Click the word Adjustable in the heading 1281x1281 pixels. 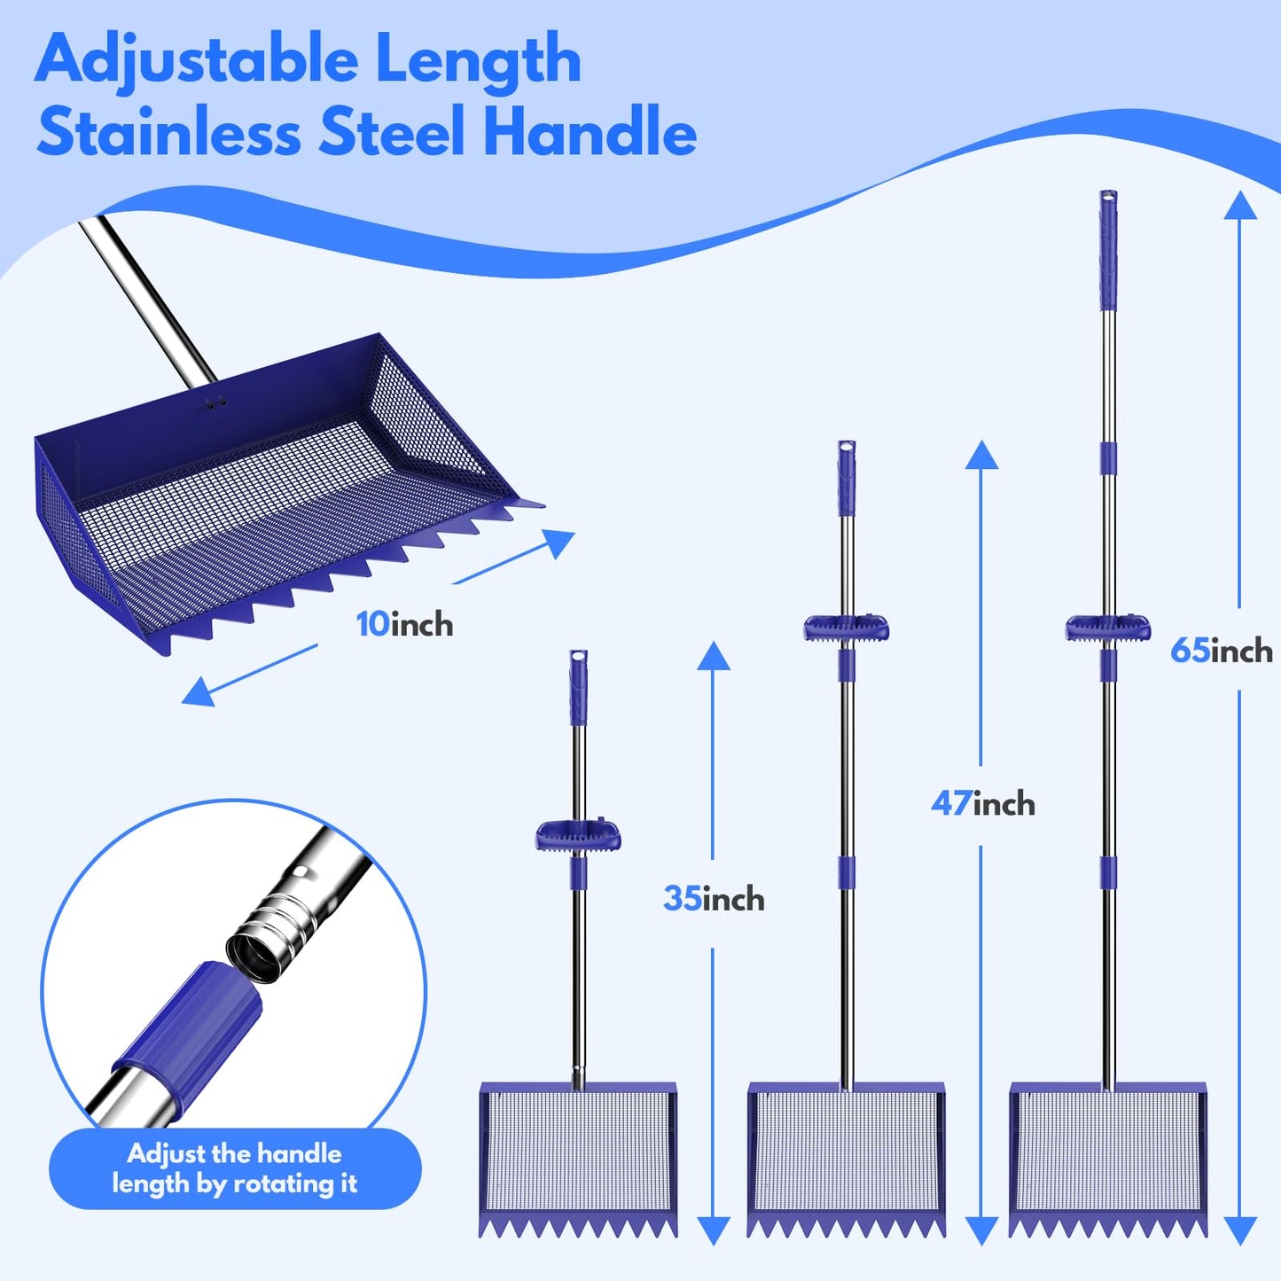pos(196,60)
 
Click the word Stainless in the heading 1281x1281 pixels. pos(168,131)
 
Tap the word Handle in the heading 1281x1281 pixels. pos(590,131)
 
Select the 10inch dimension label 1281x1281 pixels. pos(404,624)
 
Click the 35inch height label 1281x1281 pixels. pos(714,899)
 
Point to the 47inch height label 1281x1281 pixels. pos(982,804)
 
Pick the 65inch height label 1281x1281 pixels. pos(1221,651)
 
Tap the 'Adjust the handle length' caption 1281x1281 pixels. pos(235,1168)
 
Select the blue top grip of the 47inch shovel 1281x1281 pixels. pos(847,479)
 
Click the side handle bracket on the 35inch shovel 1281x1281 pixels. pos(578,836)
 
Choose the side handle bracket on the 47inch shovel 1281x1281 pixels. pos(847,629)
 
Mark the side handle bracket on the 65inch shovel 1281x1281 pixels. pos(1108,628)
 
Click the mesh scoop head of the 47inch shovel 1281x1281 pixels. pos(847,1152)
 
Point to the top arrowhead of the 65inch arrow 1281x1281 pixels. pos(1240,206)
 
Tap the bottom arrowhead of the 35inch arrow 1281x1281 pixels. pos(713,1230)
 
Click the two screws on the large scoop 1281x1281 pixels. pos(215,402)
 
